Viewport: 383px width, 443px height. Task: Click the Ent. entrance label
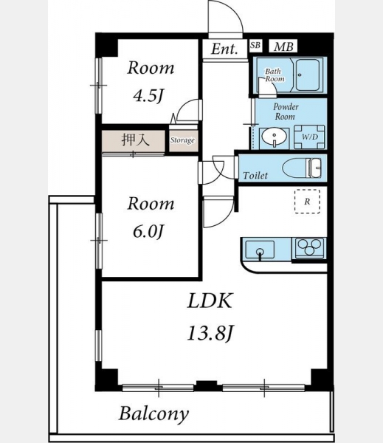click(224, 49)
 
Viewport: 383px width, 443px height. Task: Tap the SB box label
click(255, 45)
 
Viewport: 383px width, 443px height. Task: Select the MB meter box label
click(283, 47)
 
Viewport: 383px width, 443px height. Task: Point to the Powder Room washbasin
click(274, 137)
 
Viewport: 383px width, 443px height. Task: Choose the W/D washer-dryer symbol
click(309, 137)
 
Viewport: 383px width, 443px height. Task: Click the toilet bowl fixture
click(301, 168)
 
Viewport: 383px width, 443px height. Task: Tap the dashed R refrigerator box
click(307, 202)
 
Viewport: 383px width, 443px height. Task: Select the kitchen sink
click(260, 250)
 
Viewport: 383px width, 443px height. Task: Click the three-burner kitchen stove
click(311, 248)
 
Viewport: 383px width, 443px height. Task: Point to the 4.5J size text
click(148, 96)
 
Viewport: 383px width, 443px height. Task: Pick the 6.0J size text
click(148, 232)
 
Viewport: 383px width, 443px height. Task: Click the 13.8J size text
click(210, 333)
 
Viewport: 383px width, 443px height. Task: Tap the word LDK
click(210, 301)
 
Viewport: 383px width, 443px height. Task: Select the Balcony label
click(153, 414)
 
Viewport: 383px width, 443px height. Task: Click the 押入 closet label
click(135, 140)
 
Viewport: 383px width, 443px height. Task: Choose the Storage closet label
click(182, 140)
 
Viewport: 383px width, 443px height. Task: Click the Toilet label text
click(255, 176)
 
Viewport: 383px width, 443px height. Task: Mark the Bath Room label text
click(274, 75)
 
